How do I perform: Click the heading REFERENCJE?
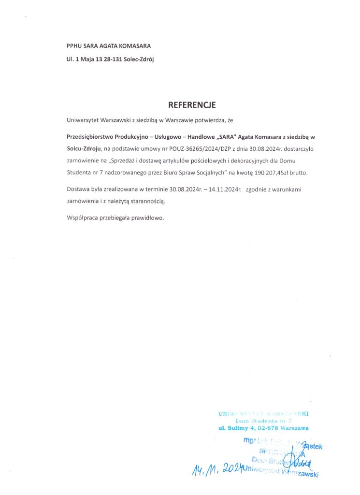(191, 105)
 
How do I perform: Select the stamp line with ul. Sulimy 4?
(263, 428)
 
